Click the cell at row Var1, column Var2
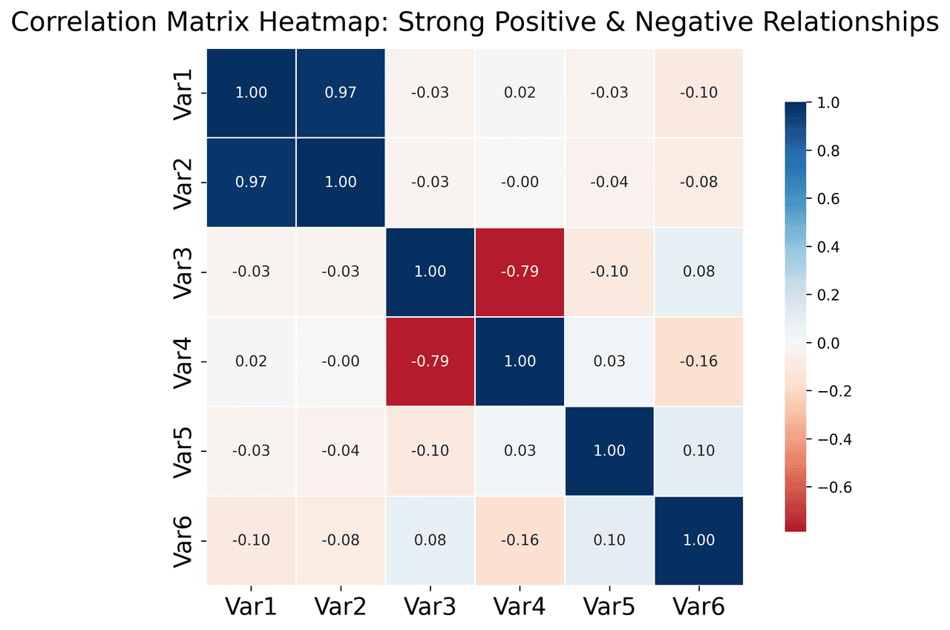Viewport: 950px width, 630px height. tap(340, 93)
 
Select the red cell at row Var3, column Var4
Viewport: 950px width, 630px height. tap(520, 272)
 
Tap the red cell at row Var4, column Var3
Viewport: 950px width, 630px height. tap(430, 361)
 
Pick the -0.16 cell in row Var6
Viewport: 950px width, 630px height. tap(520, 540)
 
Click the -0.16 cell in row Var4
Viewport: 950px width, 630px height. tap(698, 361)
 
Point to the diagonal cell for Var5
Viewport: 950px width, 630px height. tap(609, 450)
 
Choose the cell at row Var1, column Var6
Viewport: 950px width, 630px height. tap(698, 93)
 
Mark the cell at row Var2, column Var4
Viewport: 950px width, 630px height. tap(520, 182)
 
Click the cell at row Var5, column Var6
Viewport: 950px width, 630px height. tap(698, 450)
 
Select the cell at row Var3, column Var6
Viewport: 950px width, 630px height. tap(698, 272)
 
